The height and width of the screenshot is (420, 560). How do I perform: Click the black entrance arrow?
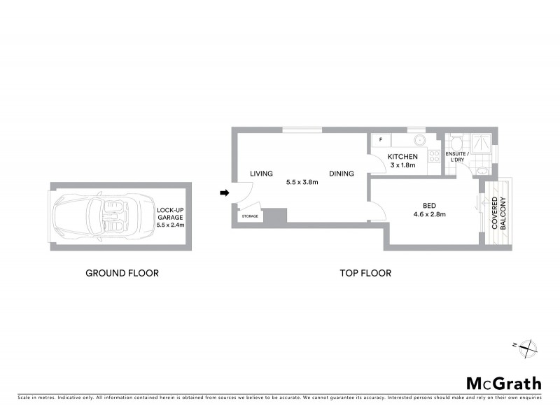click(x=225, y=193)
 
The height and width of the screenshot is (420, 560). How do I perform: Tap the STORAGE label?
click(x=250, y=216)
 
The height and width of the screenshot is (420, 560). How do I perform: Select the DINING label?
click(x=342, y=174)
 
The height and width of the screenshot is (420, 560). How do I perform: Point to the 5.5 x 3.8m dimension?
click(x=302, y=182)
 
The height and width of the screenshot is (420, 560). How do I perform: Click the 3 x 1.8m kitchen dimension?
click(x=402, y=166)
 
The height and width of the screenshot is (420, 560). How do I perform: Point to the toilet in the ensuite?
click(x=456, y=140)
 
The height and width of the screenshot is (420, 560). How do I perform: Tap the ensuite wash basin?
click(x=482, y=170)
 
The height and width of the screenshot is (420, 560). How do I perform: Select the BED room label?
click(x=428, y=206)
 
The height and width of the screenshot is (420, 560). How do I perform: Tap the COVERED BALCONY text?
click(x=499, y=213)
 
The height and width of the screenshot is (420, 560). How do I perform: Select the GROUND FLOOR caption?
click(x=122, y=273)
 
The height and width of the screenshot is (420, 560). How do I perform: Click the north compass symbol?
click(x=528, y=345)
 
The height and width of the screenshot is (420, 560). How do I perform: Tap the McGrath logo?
click(x=504, y=383)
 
